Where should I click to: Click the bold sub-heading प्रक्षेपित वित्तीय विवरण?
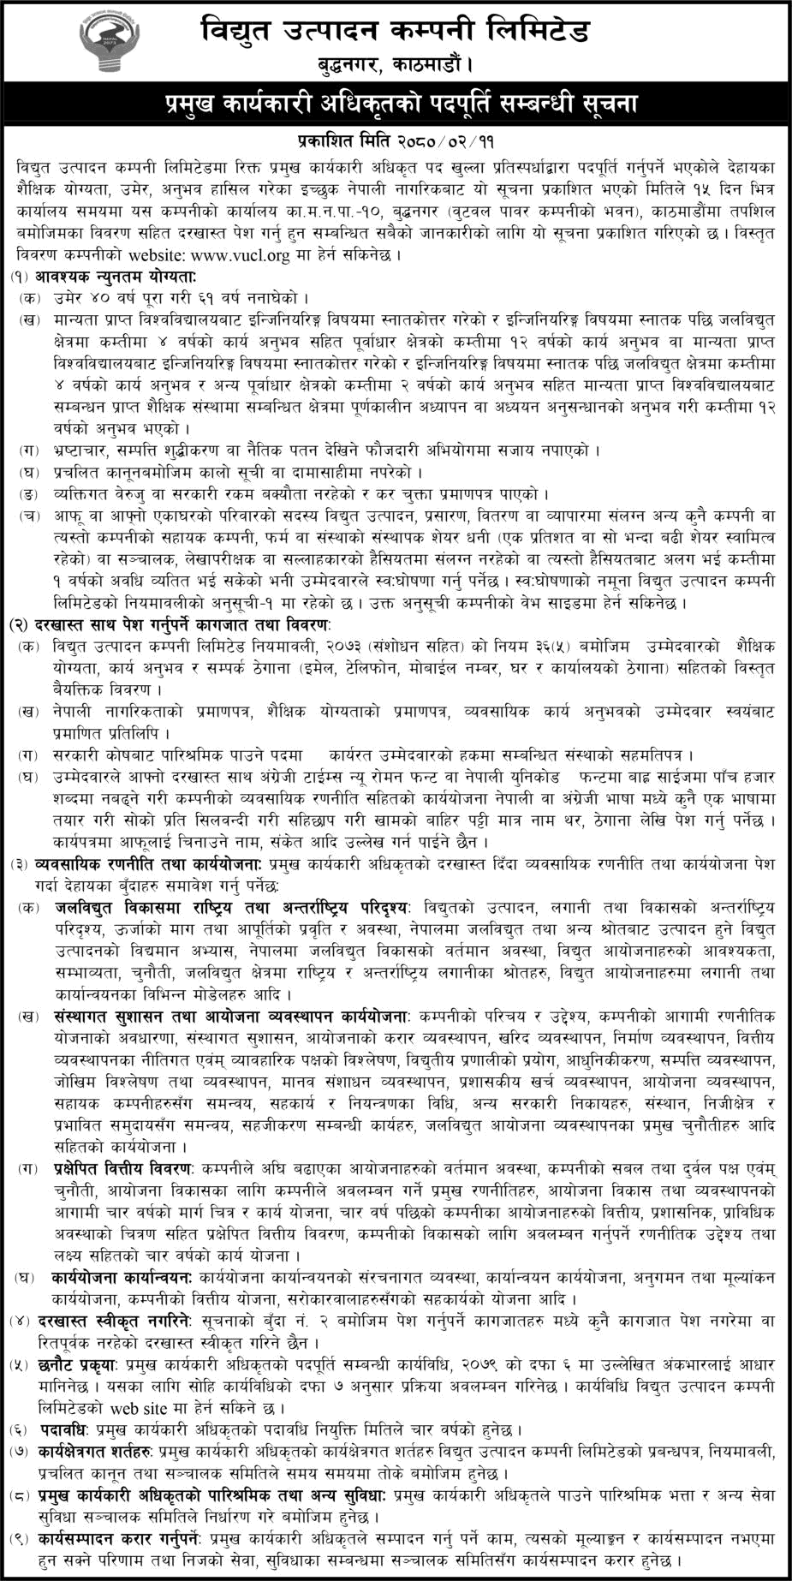[x=122, y=1167]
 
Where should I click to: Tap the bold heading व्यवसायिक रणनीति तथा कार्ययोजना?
[x=150, y=864]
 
